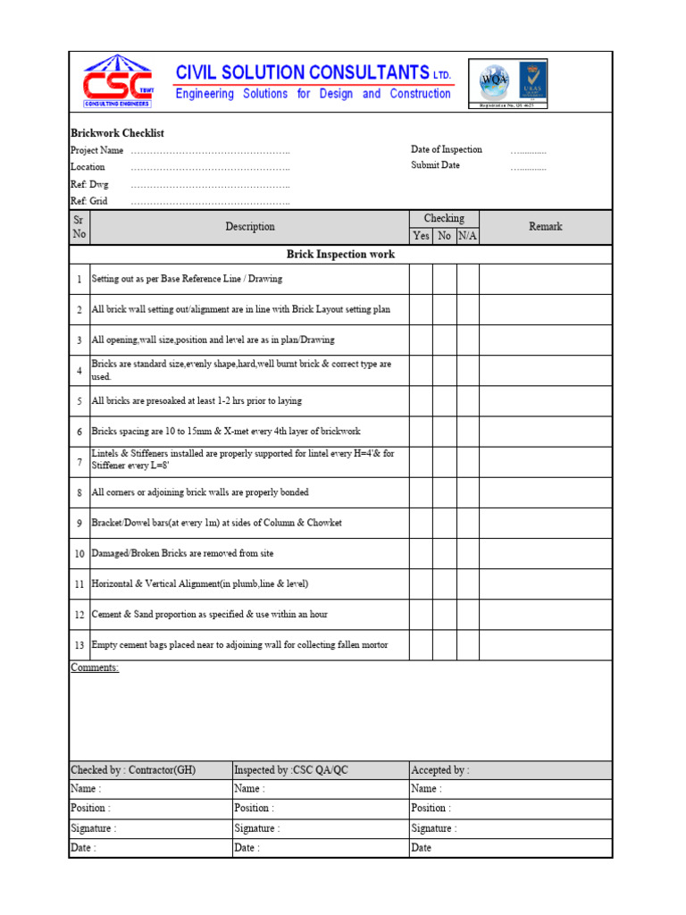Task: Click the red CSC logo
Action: pos(117,81)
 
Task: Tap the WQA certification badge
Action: pos(494,80)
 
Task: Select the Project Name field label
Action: pos(97,150)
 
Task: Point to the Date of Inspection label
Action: pos(446,149)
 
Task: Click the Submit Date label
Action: pos(435,165)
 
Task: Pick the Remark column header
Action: pos(545,227)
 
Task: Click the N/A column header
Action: pos(467,236)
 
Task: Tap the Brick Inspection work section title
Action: pos(340,255)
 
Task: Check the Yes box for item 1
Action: pos(421,279)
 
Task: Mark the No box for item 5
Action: pos(444,401)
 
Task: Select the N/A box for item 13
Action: pos(467,645)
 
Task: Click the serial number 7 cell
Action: pos(79,462)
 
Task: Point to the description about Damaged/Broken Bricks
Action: pos(182,553)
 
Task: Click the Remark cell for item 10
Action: pos(545,554)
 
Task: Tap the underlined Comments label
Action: pos(94,667)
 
